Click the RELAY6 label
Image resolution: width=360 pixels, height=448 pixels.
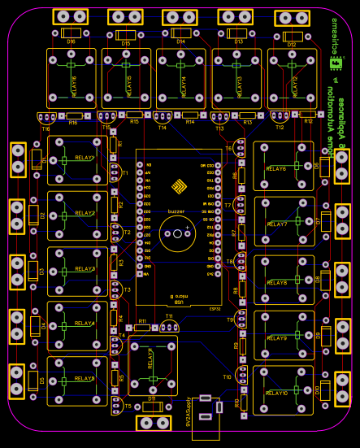[x=276, y=168]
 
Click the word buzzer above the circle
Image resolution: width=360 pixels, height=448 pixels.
[x=176, y=211]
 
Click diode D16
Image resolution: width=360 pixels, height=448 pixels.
[x=71, y=33]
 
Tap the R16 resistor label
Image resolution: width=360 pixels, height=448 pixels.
[x=73, y=123]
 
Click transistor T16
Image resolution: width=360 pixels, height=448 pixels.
[x=46, y=120]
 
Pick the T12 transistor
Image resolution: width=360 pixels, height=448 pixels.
[x=280, y=118]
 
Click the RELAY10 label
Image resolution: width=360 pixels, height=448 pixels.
[x=276, y=393]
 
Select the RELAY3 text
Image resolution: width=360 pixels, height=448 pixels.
[x=85, y=268]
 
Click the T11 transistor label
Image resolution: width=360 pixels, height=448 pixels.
[x=169, y=316]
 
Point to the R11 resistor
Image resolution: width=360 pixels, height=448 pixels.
[x=142, y=328]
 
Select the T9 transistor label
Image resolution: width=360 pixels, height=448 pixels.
[x=229, y=320]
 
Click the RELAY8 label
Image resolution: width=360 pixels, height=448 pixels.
[x=276, y=282]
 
